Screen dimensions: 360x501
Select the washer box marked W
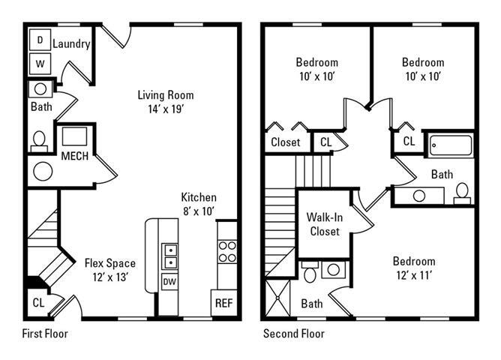(40, 63)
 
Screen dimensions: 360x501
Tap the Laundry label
(72, 44)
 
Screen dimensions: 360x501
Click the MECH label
(75, 156)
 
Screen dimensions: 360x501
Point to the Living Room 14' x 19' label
(165, 102)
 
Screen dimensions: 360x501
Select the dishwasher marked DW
(169, 282)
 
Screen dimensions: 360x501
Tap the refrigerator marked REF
(223, 303)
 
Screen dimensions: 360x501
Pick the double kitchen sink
(170, 256)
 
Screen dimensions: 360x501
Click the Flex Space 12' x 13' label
(109, 270)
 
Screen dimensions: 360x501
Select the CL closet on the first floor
(38, 303)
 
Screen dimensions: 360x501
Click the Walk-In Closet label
(324, 224)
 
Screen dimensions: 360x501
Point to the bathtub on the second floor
(450, 145)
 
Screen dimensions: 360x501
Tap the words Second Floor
(293, 334)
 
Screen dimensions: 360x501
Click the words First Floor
(45, 334)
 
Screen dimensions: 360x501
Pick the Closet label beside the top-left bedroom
(285, 142)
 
